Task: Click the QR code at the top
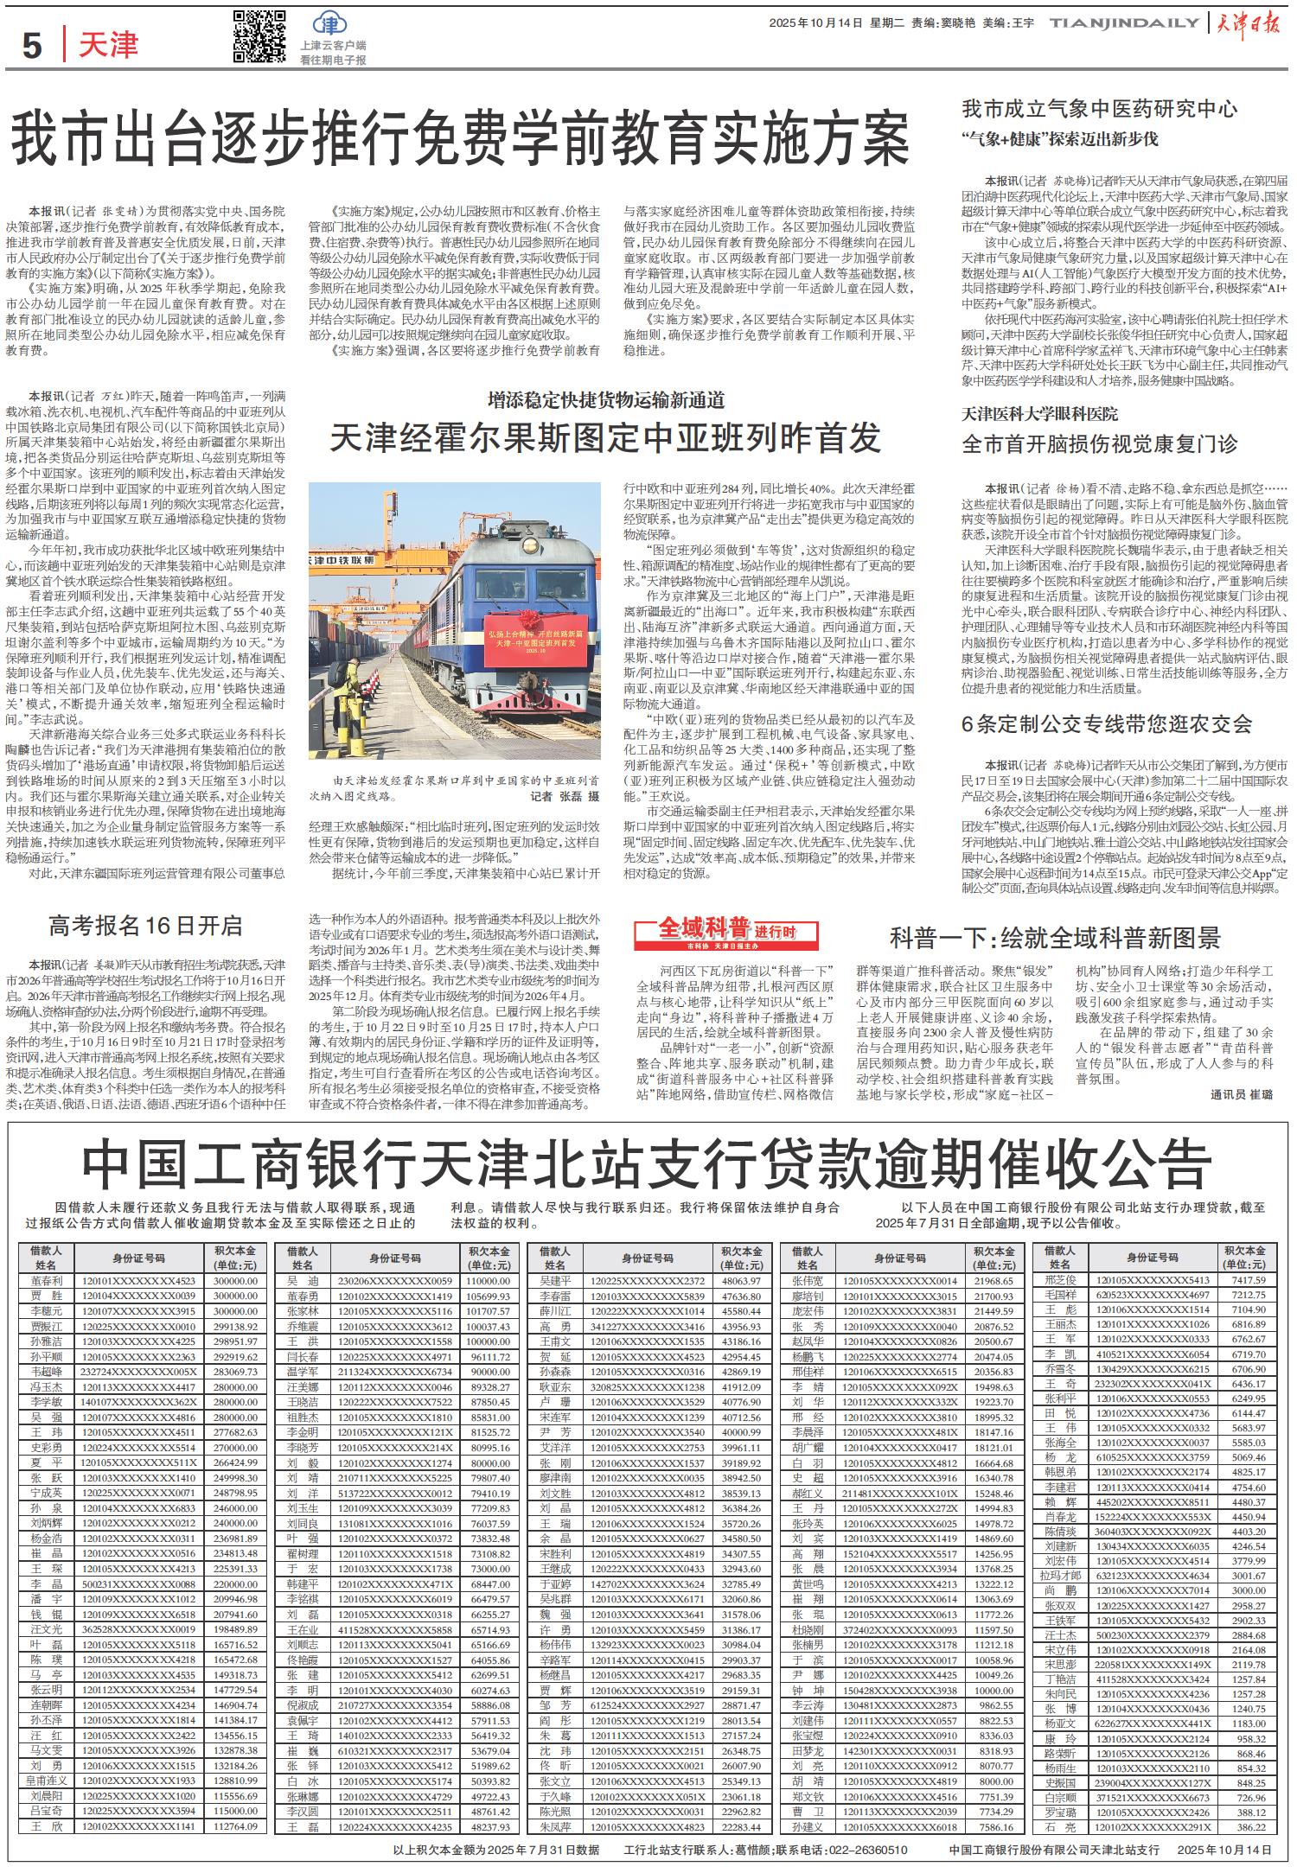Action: [259, 38]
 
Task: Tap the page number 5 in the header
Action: [32, 45]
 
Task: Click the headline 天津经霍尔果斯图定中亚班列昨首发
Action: [605, 439]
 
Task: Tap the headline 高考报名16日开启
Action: [144, 927]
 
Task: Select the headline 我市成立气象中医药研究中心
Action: [1100, 109]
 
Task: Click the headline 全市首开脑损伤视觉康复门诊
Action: [1100, 444]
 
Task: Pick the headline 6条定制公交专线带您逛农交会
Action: [1107, 724]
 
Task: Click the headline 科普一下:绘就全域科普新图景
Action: [1056, 938]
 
